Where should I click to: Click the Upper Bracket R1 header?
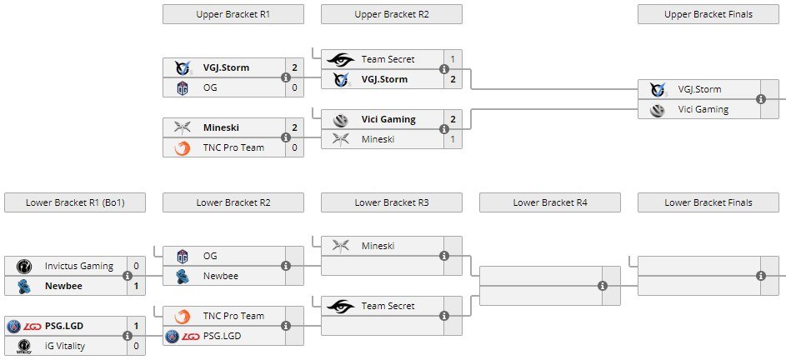point(233,14)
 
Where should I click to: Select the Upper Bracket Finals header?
point(708,14)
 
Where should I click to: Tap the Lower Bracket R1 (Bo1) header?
point(74,202)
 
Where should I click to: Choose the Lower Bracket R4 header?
point(550,202)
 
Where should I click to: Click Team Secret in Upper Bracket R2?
point(388,60)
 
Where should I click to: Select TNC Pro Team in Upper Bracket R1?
point(233,148)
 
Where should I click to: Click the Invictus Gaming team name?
point(78,266)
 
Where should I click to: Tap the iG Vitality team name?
point(70,346)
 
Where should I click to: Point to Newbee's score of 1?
point(136,286)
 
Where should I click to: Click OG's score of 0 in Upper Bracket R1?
point(294,88)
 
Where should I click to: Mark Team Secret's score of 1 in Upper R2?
point(453,60)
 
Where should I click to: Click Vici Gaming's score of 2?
point(453,119)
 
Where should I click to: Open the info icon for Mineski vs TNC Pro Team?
point(286,138)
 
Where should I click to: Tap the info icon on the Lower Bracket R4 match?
point(603,286)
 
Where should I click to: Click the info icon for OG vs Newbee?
point(286,266)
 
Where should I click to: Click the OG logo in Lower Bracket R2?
point(183,256)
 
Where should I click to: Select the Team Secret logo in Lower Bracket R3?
point(341,306)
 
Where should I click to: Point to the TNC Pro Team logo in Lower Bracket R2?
point(183,316)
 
